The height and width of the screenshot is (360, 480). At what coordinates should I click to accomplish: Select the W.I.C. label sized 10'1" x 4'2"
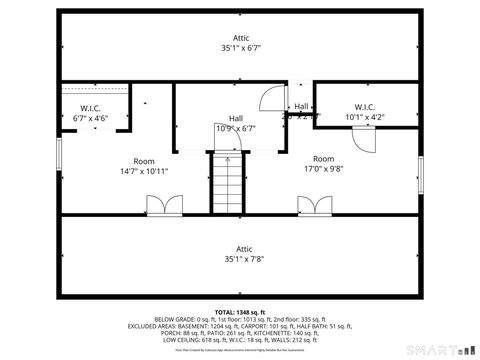(363, 113)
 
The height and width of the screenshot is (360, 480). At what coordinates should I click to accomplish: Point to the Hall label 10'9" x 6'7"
(236, 123)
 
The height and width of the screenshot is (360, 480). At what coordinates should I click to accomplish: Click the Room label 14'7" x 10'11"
(144, 166)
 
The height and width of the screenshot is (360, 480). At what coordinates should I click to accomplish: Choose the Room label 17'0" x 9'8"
(323, 164)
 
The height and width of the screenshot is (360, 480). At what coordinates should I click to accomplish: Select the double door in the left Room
(161, 205)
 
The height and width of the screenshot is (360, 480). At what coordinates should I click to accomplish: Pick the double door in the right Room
(313, 205)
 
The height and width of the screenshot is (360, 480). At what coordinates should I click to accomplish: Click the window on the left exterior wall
(59, 156)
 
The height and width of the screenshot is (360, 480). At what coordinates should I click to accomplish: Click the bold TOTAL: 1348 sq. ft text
(239, 311)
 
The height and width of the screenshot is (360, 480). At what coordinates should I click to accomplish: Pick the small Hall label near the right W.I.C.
(301, 107)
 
